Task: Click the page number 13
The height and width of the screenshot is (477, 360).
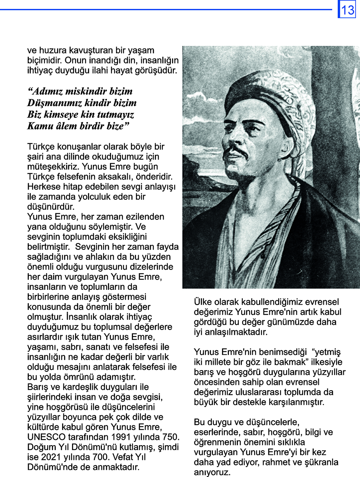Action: click(347, 9)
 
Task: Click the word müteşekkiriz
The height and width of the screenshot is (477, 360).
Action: click(52, 166)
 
